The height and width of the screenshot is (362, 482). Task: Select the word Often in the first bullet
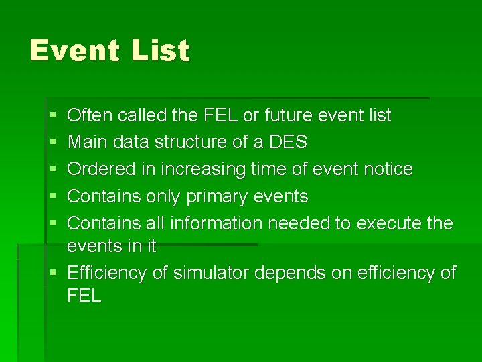point(90,115)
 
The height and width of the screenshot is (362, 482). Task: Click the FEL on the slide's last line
point(84,296)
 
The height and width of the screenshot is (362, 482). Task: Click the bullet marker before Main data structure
point(53,143)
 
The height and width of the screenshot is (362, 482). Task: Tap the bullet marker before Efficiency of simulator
point(53,274)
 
